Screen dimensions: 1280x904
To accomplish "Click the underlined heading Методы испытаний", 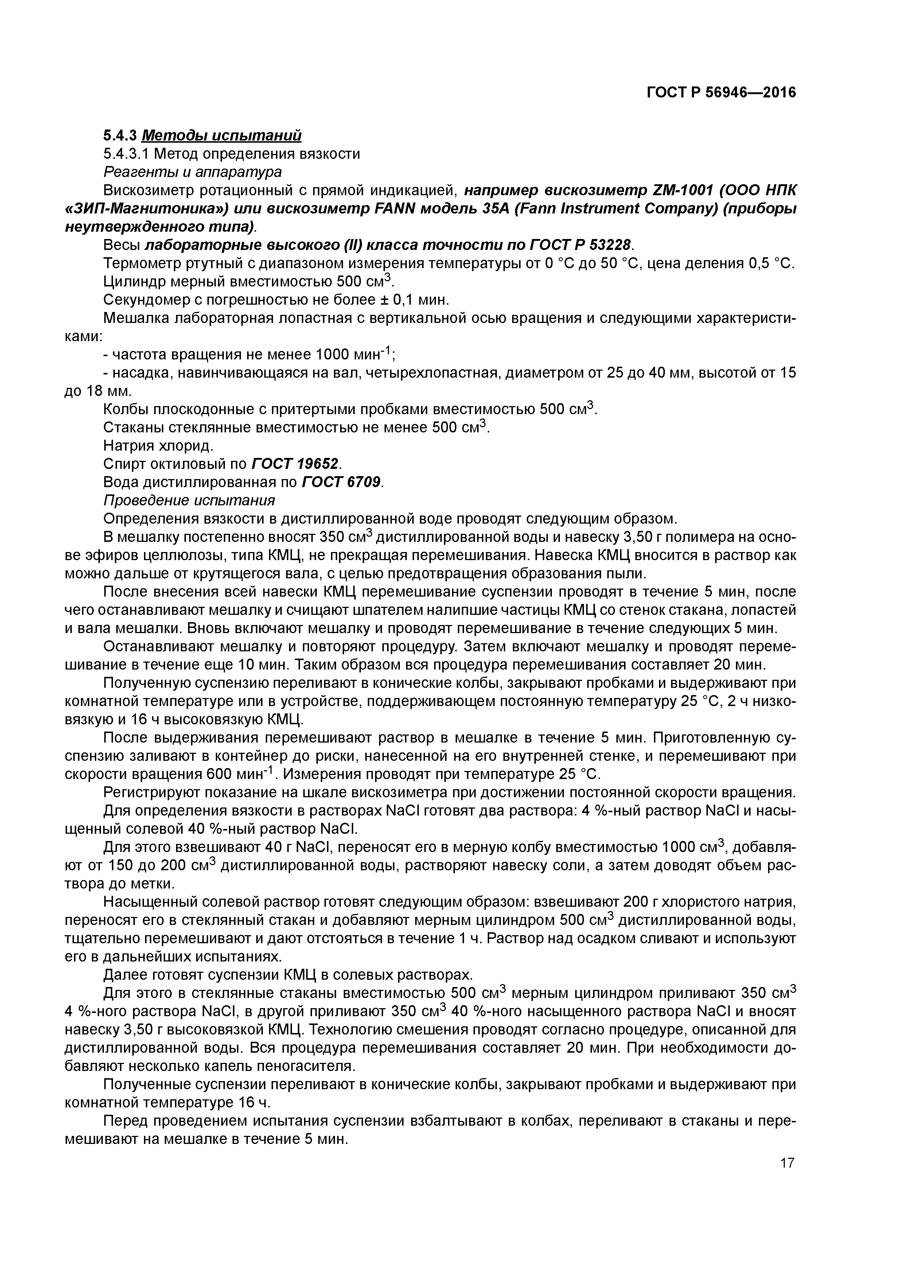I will pyautogui.click(x=222, y=135).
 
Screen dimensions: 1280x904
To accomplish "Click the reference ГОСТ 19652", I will pyautogui.click(x=295, y=464).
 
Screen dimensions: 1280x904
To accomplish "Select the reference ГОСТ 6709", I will pyautogui.click(x=341, y=482).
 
